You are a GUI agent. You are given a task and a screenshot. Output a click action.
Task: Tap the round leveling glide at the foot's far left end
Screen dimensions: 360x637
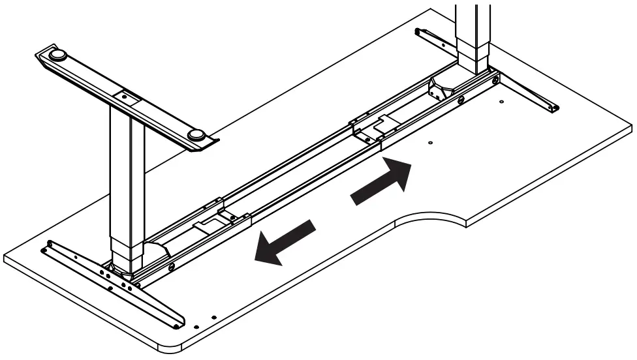tap(57, 55)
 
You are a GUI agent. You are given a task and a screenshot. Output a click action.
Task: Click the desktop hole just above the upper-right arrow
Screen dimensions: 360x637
tap(430, 142)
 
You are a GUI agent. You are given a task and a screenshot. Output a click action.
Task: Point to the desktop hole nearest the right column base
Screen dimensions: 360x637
tap(501, 101)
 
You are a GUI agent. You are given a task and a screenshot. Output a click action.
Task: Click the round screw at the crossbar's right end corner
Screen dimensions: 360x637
tap(497, 80)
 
